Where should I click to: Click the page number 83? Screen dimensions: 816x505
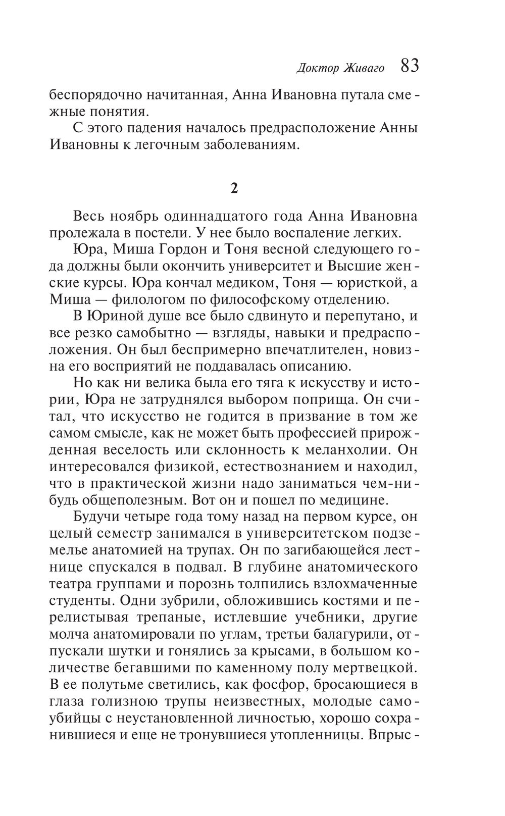click(409, 66)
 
